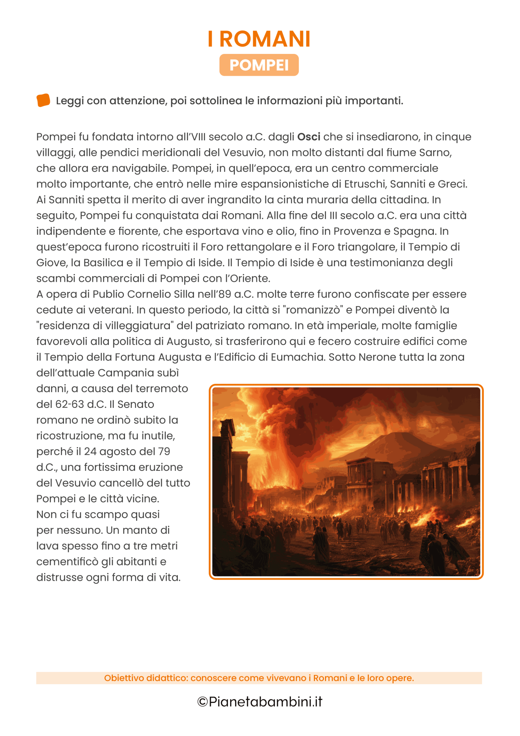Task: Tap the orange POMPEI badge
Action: click(x=259, y=65)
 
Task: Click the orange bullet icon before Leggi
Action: click(x=43, y=100)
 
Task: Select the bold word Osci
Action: click(x=308, y=137)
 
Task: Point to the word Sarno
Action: click(x=435, y=153)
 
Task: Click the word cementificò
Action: click(x=66, y=562)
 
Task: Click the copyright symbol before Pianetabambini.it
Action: click(x=203, y=701)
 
